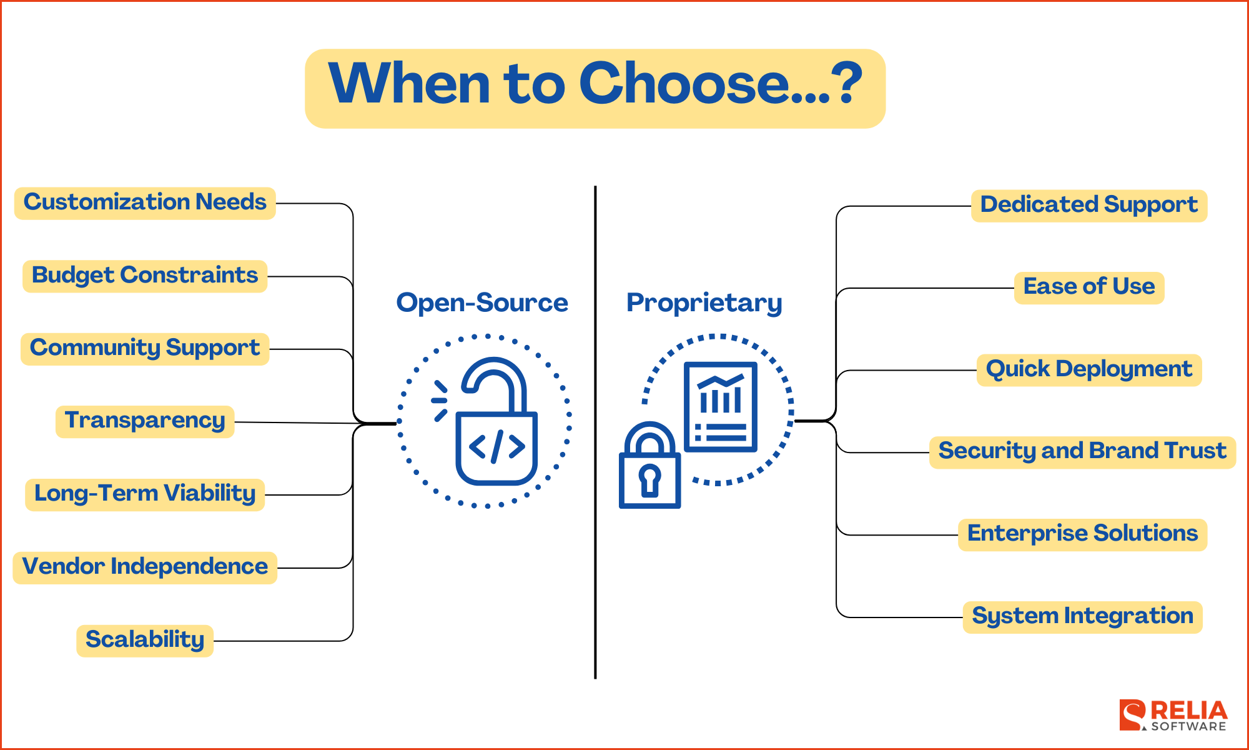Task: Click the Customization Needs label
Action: [x=145, y=203]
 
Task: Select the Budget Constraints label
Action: [x=145, y=276]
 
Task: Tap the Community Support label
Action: [x=145, y=349]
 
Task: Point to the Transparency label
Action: [x=145, y=421]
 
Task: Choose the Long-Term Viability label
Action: [x=145, y=494]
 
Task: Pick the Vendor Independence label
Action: [x=145, y=567]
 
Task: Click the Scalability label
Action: [x=145, y=641]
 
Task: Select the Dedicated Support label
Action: [x=1089, y=206]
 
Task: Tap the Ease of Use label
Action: [x=1089, y=287]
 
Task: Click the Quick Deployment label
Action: [x=1089, y=370]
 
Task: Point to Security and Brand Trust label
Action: [x=1082, y=452]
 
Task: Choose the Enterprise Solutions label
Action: [x=1082, y=534]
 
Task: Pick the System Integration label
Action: [x=1082, y=617]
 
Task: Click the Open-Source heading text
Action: [x=482, y=303]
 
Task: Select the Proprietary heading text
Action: [x=704, y=303]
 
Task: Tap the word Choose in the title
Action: [x=684, y=84]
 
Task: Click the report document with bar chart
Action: [x=720, y=406]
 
